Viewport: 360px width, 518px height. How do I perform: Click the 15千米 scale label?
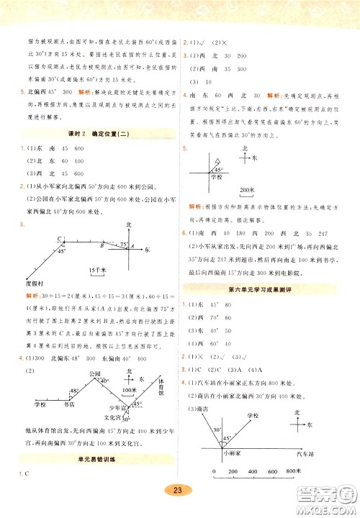tap(96, 270)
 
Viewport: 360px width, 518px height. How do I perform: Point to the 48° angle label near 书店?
tap(73, 391)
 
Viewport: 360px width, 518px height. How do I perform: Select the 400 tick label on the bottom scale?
tap(248, 471)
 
